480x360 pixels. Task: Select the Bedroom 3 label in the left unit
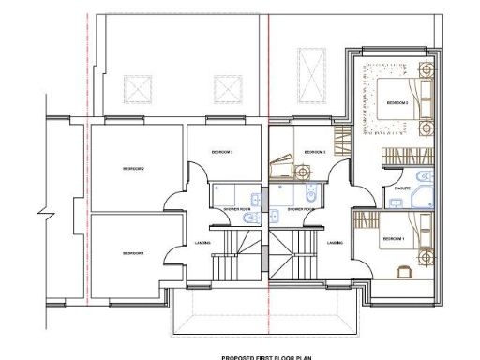pos(222,152)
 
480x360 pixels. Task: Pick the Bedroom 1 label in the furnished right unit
pos(392,239)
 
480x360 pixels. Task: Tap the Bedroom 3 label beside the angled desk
pos(314,152)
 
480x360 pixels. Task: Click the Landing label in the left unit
pos(202,244)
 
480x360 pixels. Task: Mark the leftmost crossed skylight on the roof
pos(138,90)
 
